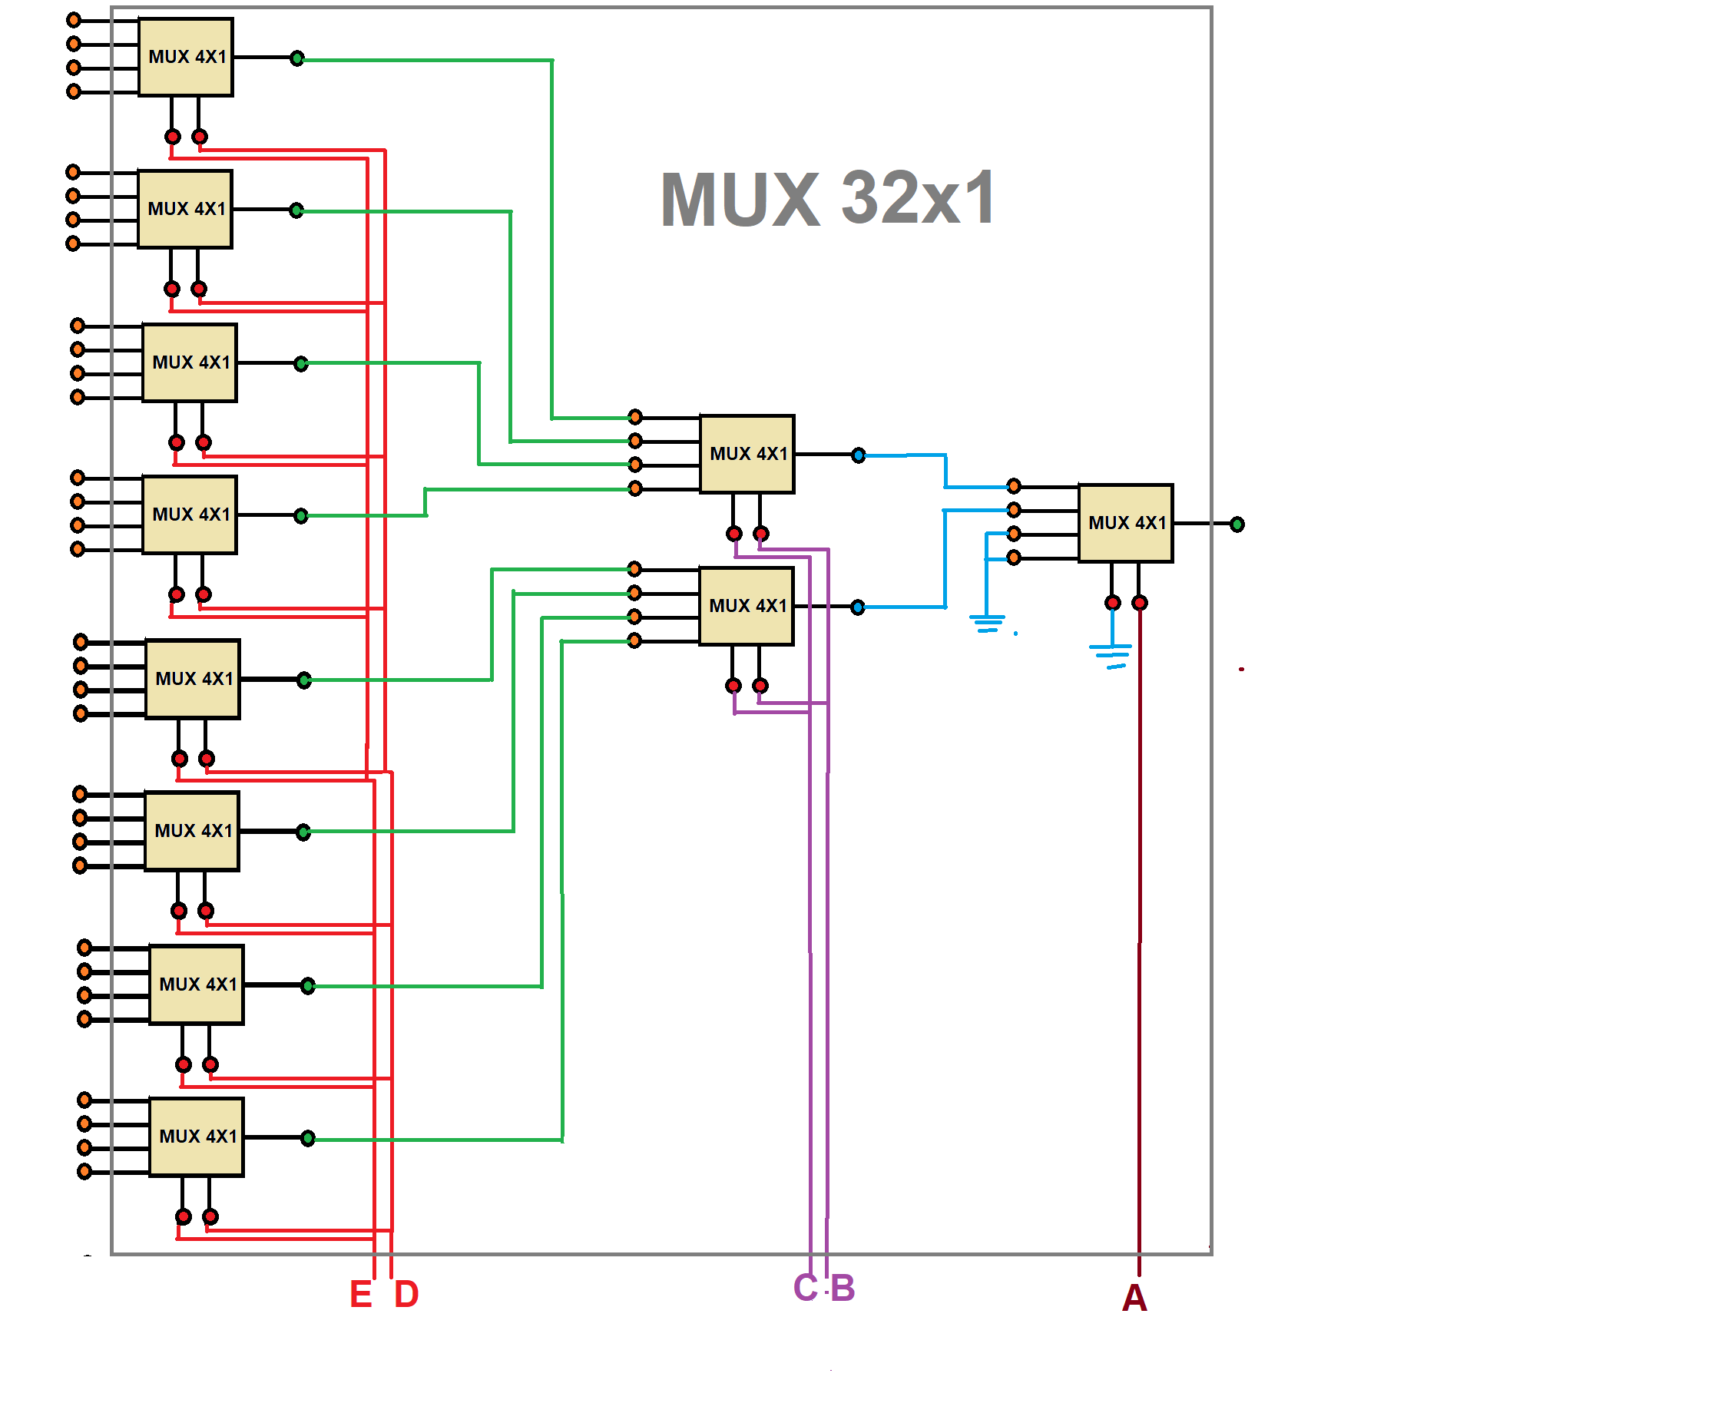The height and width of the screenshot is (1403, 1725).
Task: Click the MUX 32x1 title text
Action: (828, 199)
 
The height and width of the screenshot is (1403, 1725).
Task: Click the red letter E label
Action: (360, 1295)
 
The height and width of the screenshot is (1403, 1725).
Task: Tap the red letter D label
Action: (406, 1295)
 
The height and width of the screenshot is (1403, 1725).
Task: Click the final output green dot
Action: (1237, 524)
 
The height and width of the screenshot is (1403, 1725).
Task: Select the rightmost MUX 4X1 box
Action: (1125, 523)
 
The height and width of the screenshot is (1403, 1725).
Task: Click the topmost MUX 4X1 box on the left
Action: (186, 58)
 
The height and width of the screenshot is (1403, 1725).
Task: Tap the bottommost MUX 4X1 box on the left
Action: (197, 1137)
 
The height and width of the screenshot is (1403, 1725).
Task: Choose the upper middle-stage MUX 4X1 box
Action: (747, 454)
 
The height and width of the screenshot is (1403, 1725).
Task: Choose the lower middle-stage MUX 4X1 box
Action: (746, 606)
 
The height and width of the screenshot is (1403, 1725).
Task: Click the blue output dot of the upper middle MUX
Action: (859, 456)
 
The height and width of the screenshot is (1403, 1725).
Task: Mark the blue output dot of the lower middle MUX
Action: (858, 607)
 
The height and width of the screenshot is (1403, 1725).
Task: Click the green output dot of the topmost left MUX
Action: (297, 58)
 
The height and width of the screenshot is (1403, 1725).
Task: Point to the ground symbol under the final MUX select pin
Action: (1111, 654)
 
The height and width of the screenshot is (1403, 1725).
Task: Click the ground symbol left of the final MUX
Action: (987, 623)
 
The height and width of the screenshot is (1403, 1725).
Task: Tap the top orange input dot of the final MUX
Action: (1014, 486)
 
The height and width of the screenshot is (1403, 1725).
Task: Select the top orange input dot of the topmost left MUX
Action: (74, 19)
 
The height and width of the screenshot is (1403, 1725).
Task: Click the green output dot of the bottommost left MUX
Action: (308, 1138)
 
